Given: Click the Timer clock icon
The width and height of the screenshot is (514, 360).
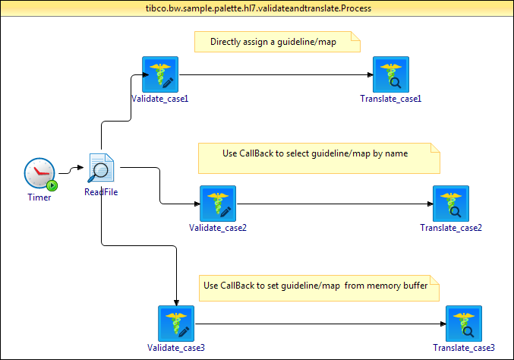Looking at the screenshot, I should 39,175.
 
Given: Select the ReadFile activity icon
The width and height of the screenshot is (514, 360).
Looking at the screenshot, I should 101,169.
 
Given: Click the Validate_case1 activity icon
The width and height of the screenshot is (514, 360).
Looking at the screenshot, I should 159,74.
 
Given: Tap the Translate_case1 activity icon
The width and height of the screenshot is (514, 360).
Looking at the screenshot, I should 390,74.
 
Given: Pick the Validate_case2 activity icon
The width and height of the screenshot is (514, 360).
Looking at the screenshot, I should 218,204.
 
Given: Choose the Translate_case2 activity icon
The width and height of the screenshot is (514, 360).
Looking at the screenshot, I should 451,204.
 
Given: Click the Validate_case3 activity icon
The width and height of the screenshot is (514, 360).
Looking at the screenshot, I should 176,324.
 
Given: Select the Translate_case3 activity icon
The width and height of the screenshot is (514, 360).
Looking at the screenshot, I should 464,324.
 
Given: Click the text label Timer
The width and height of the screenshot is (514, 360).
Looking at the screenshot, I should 39,198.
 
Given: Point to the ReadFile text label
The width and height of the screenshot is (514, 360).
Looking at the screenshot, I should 101,192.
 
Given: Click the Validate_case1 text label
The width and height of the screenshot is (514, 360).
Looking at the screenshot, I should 159,99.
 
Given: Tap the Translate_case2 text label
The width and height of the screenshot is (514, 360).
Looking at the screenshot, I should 451,228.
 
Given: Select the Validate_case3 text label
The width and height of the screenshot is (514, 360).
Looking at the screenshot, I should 176,348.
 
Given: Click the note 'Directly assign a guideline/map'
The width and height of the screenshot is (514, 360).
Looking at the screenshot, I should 277,42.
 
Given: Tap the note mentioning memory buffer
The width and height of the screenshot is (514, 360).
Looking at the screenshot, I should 319,286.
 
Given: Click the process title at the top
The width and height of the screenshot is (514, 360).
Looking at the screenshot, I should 257,6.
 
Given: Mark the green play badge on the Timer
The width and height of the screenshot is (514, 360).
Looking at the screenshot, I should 52,185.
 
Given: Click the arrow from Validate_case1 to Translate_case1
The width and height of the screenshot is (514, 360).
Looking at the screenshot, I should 273,74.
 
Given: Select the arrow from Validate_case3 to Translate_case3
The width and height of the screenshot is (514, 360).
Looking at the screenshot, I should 319,324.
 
